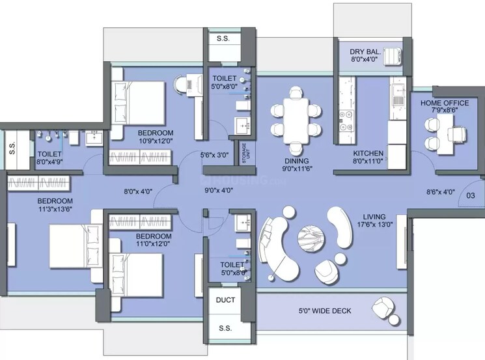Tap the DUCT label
click(225, 300)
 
